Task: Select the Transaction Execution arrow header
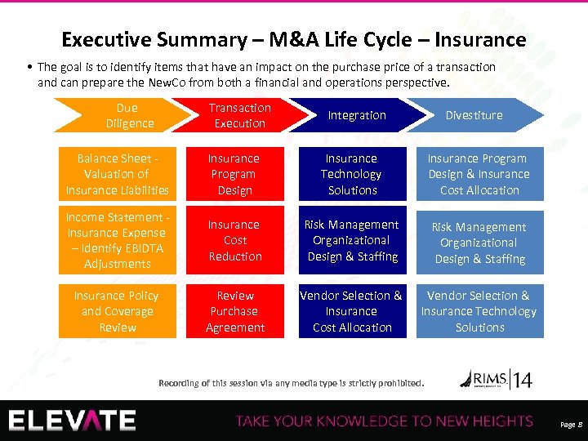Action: click(239, 115)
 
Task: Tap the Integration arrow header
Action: click(357, 115)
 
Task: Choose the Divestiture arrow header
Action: click(474, 115)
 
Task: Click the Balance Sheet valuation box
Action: click(118, 174)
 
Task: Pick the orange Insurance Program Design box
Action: click(234, 174)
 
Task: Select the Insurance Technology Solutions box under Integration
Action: click(351, 174)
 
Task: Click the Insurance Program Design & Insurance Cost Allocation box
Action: click(479, 174)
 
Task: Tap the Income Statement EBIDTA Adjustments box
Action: click(118, 240)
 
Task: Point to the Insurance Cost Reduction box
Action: click(234, 240)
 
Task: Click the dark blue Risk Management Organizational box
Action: click(351, 240)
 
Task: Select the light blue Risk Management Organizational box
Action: click(479, 243)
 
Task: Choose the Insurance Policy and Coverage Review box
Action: click(118, 311)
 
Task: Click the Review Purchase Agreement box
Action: click(234, 311)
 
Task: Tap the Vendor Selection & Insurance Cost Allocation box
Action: click(351, 311)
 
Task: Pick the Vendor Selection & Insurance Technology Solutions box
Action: click(479, 311)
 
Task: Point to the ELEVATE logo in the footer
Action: click(72, 420)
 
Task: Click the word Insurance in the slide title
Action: click(480, 39)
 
